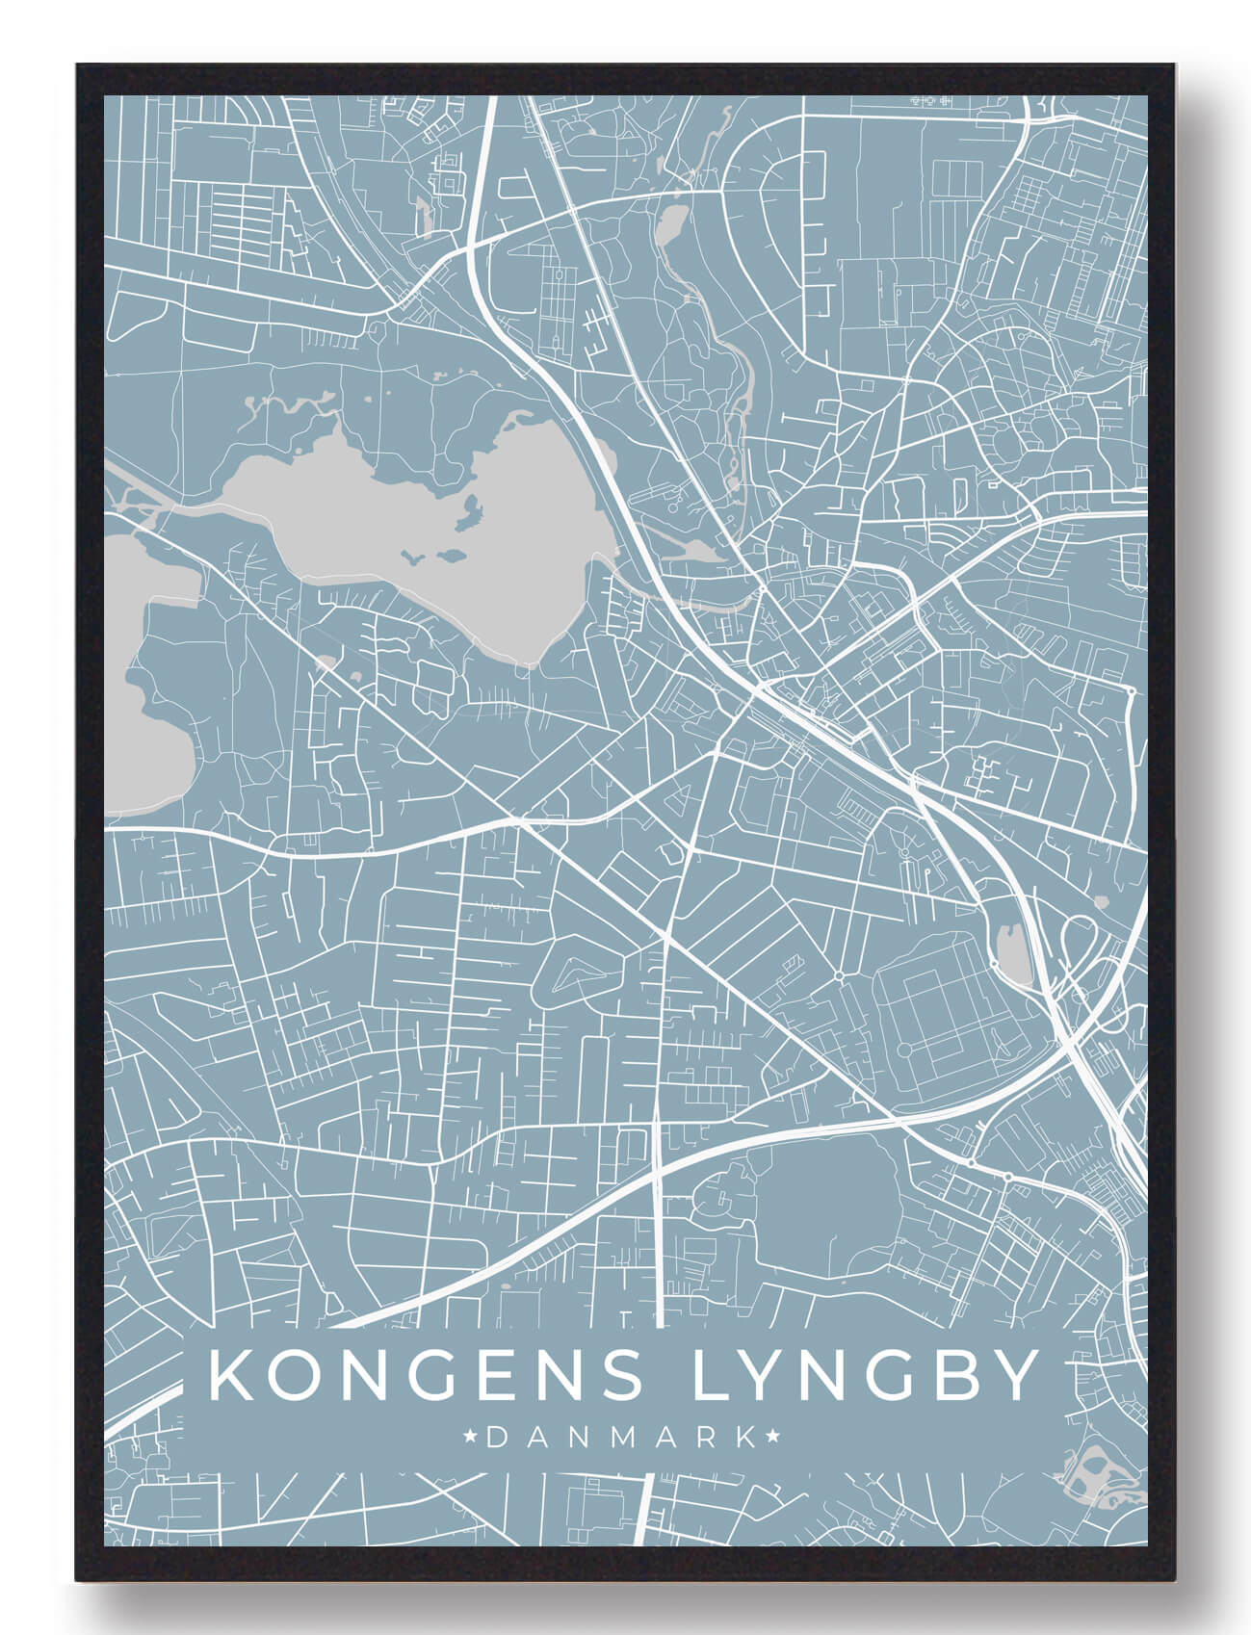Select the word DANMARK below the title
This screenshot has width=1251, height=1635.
[x=622, y=1438]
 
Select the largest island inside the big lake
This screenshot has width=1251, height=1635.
[x=472, y=510]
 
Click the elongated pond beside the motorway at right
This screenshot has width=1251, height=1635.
[x=1009, y=953]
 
